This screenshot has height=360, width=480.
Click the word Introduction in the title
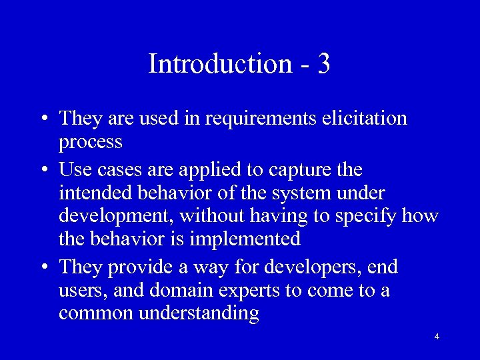[x=220, y=64]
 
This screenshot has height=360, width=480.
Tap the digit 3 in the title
[x=324, y=64]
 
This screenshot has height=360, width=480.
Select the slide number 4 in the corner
[x=437, y=337]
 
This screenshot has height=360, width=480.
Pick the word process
[x=91, y=142]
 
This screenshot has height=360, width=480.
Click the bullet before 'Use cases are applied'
[x=43, y=169]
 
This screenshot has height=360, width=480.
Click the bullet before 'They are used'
[x=43, y=119]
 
